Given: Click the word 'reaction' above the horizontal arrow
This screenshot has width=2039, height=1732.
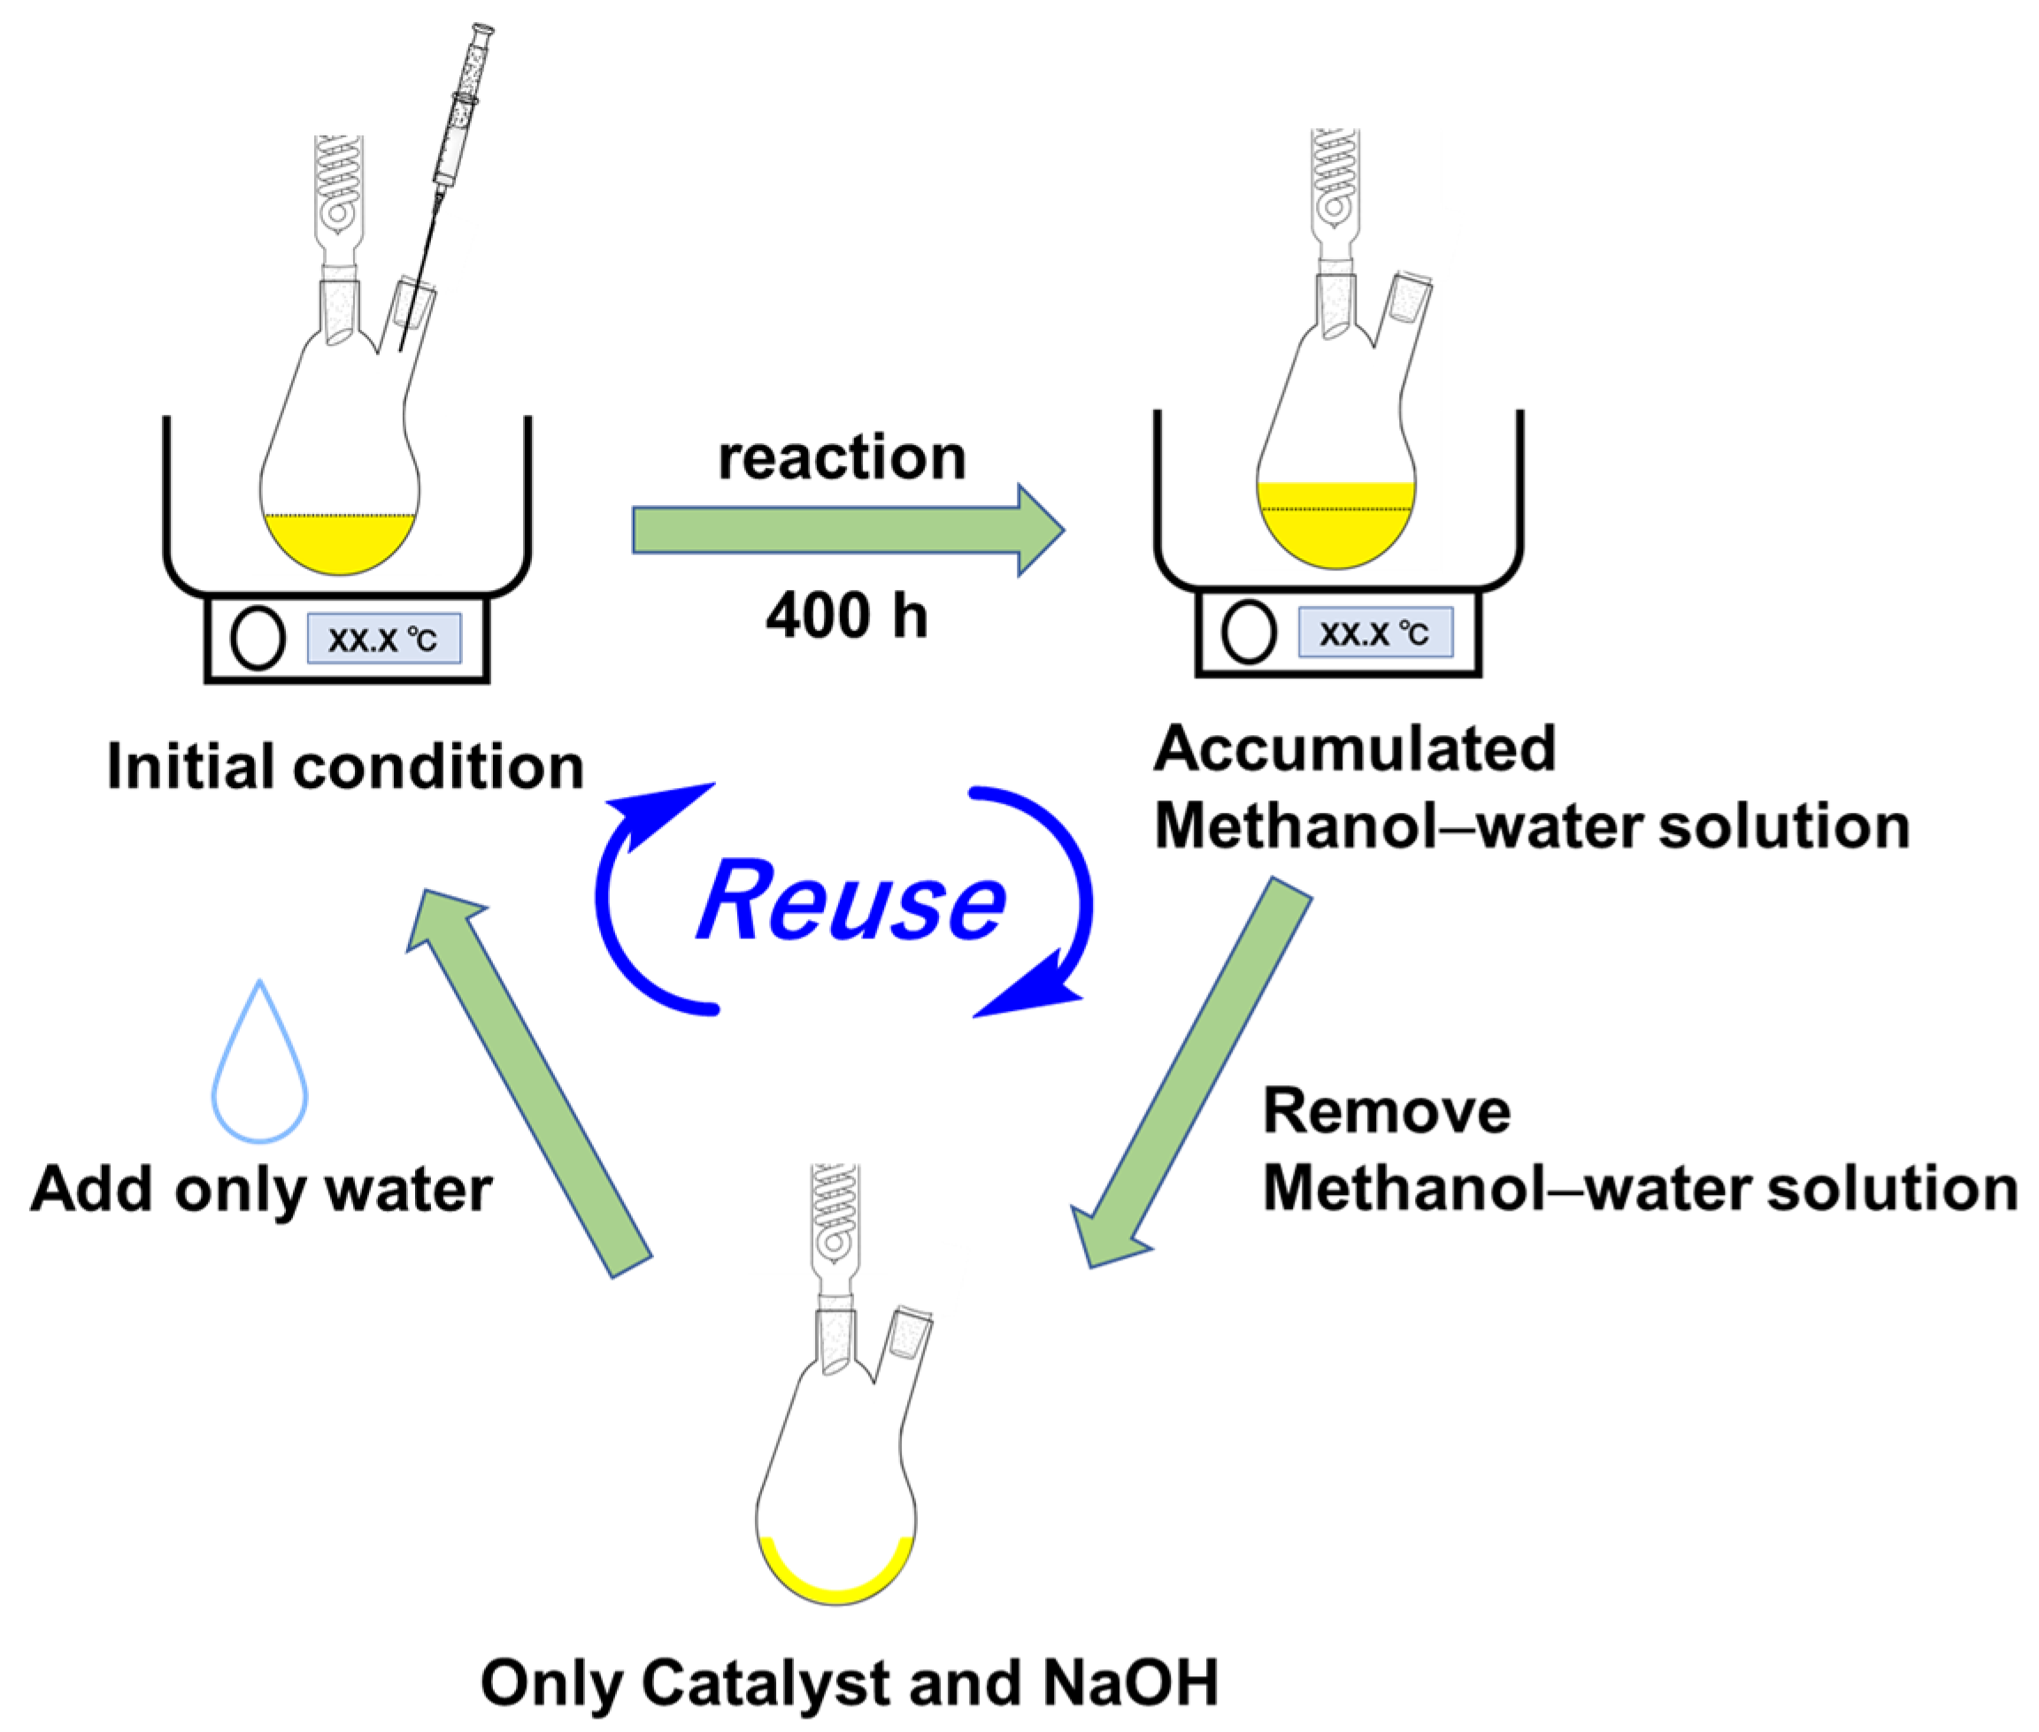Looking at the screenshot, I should tap(842, 457).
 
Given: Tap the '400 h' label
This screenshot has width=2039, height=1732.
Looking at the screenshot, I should tap(846, 616).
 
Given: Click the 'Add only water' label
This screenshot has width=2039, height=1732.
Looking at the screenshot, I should tap(261, 1190).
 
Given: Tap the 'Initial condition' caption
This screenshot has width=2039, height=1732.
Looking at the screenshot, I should tap(346, 766).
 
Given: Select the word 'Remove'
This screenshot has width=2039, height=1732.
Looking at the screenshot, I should tap(1386, 1111).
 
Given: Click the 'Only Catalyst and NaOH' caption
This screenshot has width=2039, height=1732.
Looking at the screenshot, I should tap(850, 1682).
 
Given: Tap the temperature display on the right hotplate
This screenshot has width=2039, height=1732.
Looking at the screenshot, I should tap(1374, 633).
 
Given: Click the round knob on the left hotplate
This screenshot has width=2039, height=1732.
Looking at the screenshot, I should tap(258, 638).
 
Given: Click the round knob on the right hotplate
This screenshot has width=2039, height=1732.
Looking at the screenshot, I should tap(1249, 632).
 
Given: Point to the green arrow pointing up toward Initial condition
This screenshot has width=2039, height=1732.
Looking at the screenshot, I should tap(530, 1080).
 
